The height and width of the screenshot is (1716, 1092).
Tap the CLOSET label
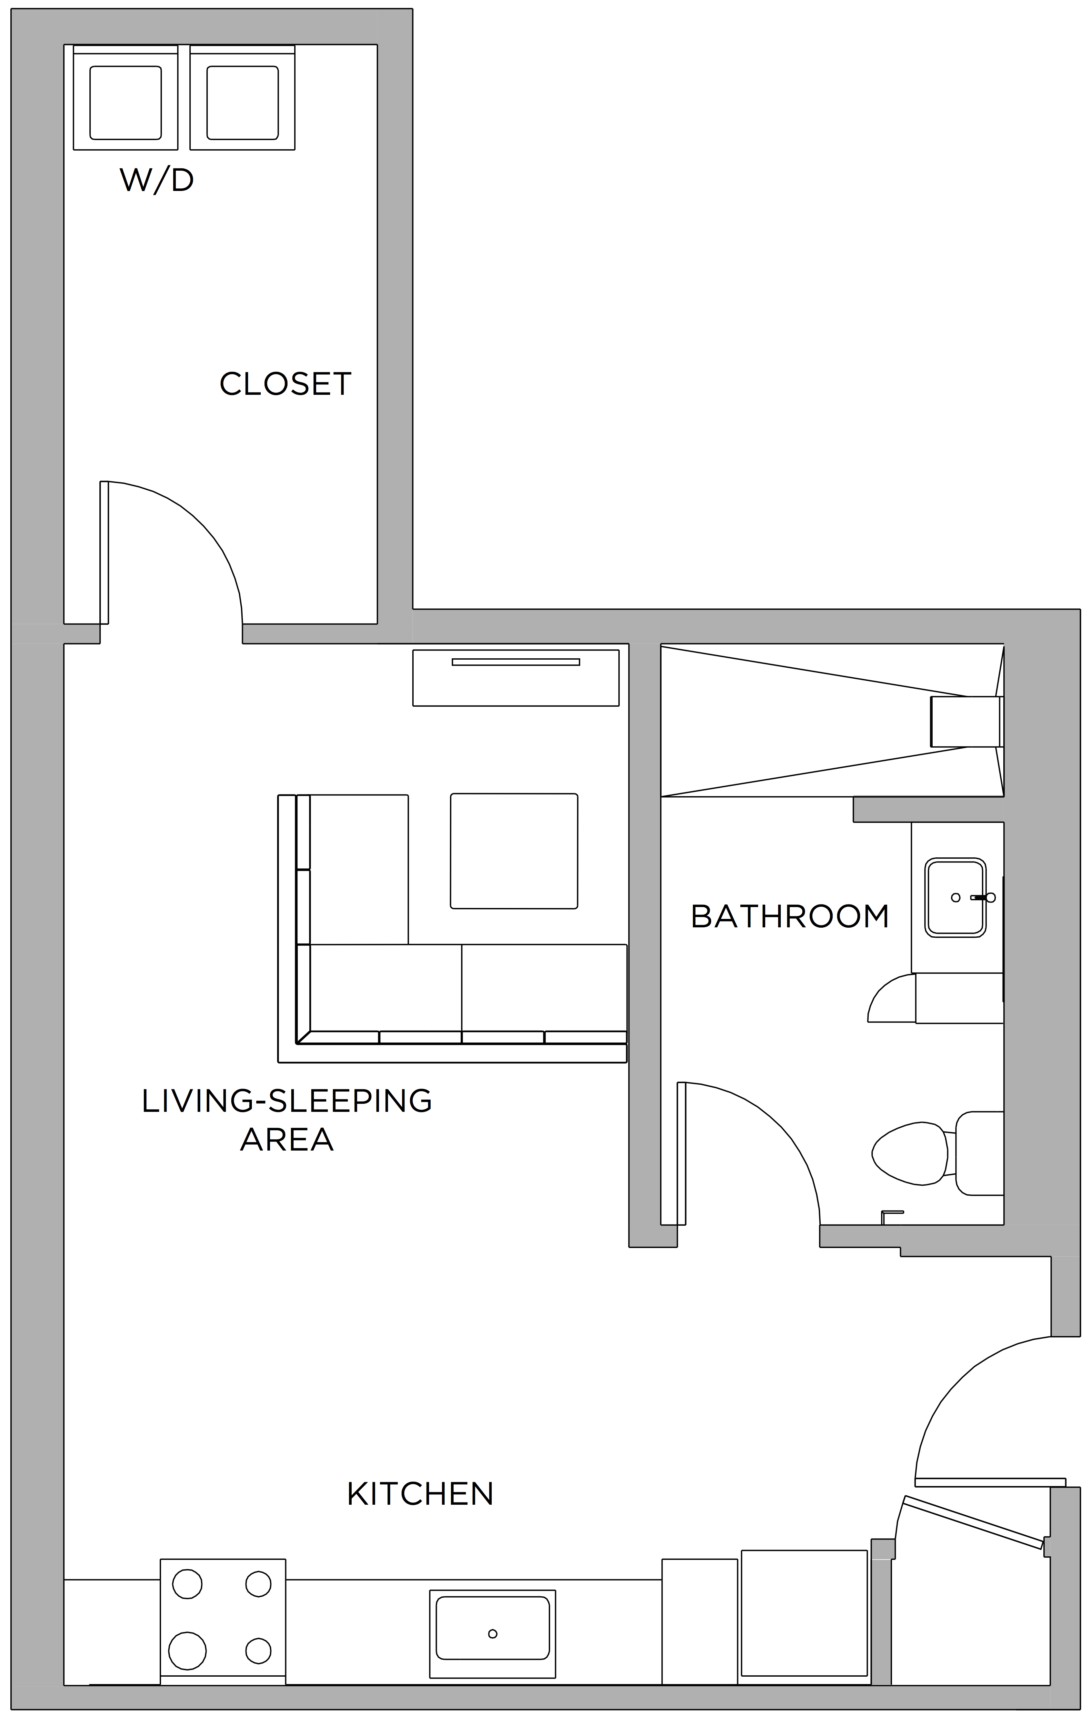(285, 384)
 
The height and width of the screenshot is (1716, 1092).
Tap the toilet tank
(979, 1153)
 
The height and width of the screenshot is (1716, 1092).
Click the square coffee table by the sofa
(514, 851)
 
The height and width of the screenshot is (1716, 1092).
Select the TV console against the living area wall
(516, 678)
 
